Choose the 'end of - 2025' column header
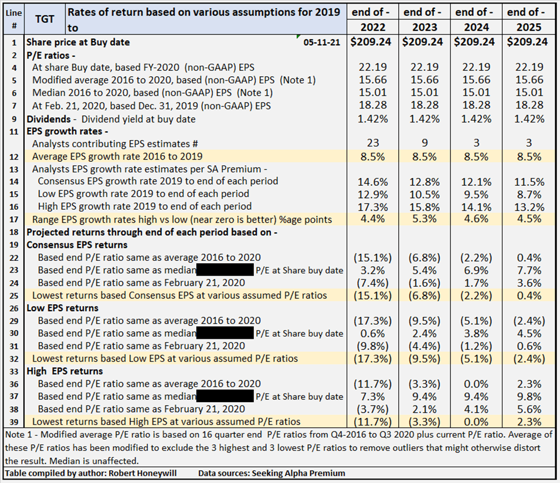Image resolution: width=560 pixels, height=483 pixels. coord(527,19)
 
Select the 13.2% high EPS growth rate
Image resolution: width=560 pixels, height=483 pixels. coord(527,206)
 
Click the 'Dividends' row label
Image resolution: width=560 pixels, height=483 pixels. coord(48,118)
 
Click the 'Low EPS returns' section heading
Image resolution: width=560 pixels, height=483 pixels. coord(62,308)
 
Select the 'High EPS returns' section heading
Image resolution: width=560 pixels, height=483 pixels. coord(64,371)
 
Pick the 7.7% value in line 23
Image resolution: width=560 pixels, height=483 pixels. coord(527,270)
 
